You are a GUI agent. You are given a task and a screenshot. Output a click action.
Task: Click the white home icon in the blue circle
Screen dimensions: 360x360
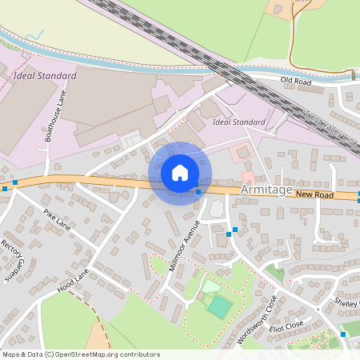180,173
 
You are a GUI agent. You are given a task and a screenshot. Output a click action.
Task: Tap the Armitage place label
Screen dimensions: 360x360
265,191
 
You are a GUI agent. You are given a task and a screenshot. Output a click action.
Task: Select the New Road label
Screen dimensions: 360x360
313,194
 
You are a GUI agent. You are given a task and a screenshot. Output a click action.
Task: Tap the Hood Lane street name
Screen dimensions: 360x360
72,280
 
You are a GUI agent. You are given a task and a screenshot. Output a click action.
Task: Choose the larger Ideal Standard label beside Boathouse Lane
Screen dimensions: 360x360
45,76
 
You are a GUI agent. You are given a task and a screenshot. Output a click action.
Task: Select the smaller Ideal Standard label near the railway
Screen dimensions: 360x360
239,122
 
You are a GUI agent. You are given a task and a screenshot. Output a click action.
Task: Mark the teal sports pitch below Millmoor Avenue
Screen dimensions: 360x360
218,306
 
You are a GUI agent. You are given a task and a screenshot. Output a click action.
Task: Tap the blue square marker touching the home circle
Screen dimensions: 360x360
198,192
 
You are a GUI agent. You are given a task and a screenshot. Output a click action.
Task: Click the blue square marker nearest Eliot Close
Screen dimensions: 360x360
342,334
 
